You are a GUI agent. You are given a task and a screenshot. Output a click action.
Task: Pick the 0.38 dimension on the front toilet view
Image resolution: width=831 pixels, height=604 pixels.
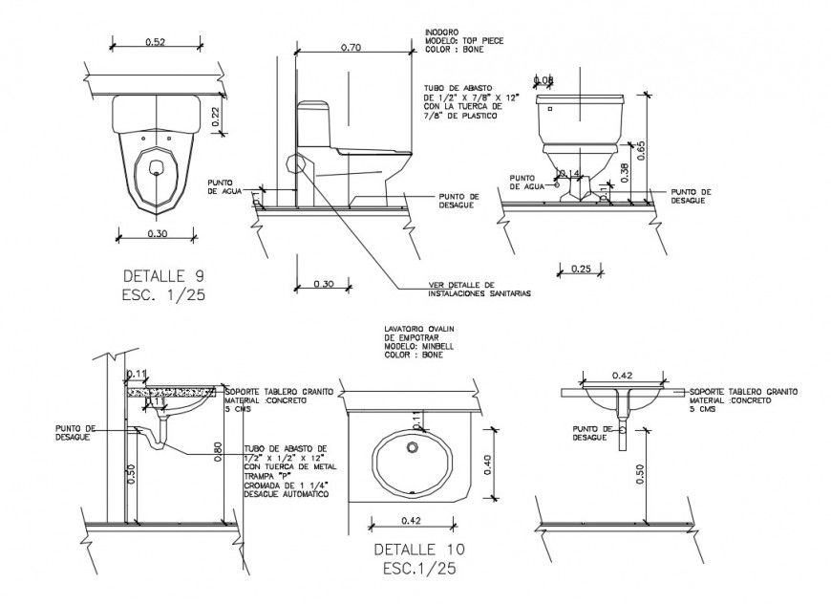click(x=623, y=171)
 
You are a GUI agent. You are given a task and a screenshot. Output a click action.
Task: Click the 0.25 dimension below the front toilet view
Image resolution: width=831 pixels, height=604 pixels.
click(x=579, y=269)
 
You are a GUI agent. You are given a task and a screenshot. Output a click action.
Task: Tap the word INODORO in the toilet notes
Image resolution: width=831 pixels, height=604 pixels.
click(x=441, y=32)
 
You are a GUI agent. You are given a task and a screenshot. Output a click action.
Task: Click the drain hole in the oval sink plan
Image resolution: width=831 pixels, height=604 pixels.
click(x=414, y=447)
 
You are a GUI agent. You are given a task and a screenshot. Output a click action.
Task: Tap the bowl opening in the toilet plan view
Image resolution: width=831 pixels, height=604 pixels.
click(x=156, y=169)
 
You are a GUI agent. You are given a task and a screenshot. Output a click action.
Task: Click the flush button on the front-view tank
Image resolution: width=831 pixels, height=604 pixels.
click(x=550, y=109)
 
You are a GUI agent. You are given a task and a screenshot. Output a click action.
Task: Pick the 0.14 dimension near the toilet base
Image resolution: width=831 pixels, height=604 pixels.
click(x=571, y=173)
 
